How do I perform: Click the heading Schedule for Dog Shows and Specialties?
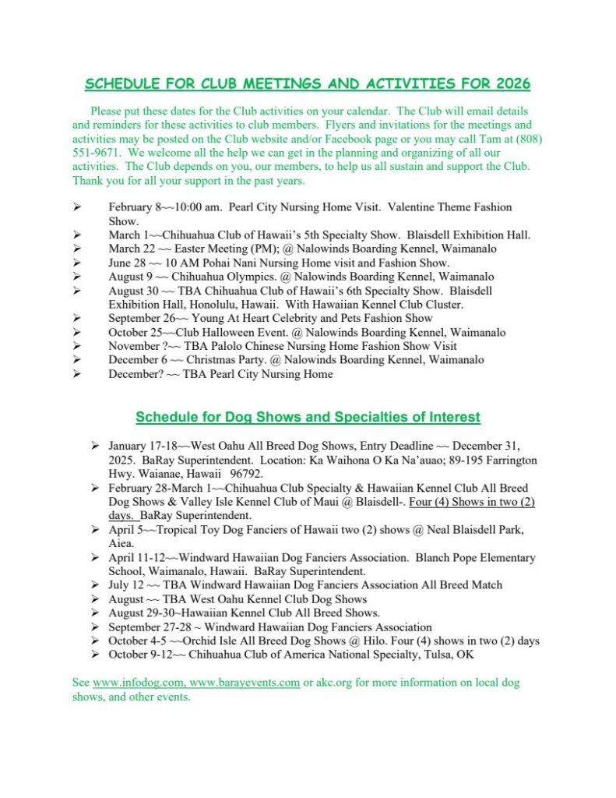pyautogui.click(x=308, y=417)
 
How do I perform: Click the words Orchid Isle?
pyautogui.click(x=198, y=641)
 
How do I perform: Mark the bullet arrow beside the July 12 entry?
pyautogui.click(x=94, y=585)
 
